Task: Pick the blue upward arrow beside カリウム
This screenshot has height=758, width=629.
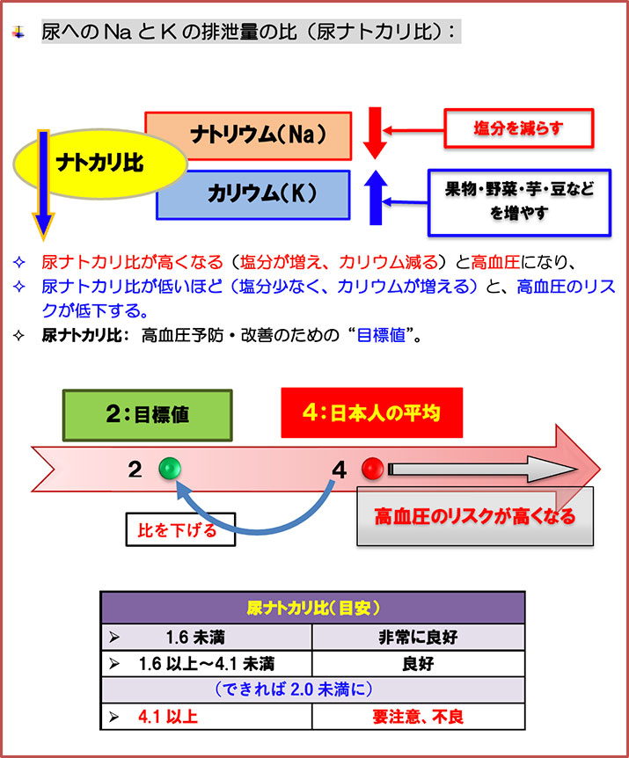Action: point(376,195)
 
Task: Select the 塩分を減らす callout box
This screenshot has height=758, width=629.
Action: point(517,129)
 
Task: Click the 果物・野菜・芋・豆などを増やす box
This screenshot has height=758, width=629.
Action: point(518,200)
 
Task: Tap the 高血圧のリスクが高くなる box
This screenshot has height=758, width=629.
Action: point(475,515)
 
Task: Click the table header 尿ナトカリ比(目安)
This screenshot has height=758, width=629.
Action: point(312,608)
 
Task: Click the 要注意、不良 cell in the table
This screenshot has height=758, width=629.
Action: point(418,717)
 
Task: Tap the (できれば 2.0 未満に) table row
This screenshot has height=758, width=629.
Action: point(312,690)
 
